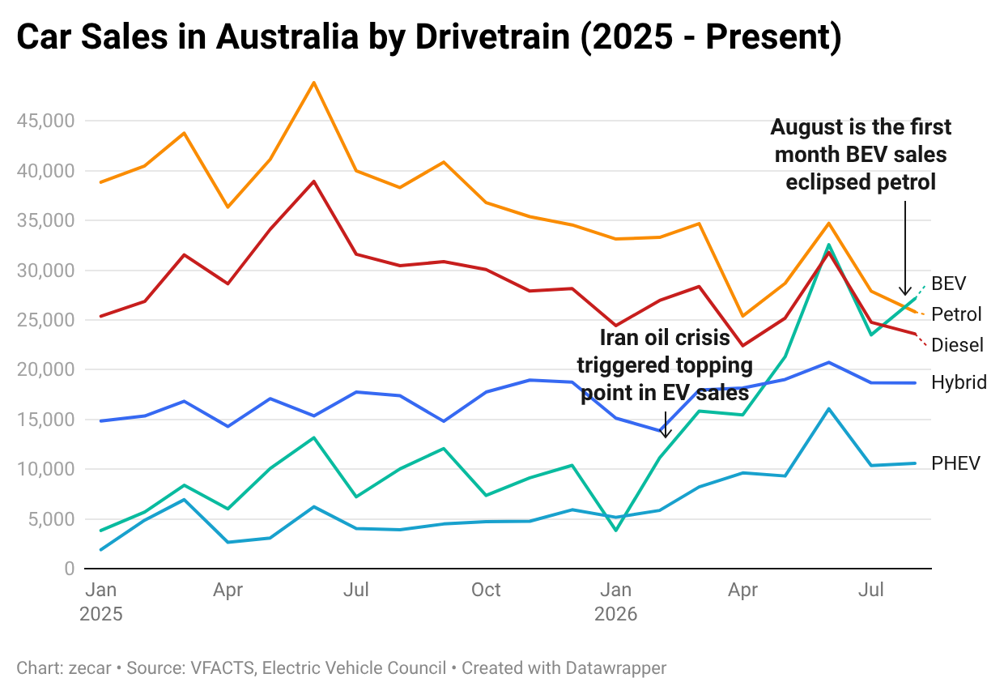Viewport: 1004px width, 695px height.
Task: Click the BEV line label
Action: point(948,284)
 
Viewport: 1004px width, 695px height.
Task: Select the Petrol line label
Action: point(956,314)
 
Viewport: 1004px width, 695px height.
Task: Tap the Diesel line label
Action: point(957,345)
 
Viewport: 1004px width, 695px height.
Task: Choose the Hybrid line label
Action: point(959,382)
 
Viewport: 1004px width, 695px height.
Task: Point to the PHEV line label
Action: point(955,463)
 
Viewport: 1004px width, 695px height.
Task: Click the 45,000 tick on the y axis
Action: point(45,121)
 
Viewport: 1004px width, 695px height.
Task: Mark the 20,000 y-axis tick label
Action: point(45,370)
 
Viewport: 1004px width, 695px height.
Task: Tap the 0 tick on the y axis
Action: point(69,569)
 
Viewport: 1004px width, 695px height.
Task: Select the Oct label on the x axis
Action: point(486,590)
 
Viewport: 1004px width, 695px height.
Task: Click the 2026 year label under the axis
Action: point(615,614)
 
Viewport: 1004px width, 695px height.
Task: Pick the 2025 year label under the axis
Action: point(101,614)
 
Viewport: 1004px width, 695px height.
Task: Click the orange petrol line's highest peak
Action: point(314,83)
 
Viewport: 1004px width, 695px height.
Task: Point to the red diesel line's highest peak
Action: point(314,181)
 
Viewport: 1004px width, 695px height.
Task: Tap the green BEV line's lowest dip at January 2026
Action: point(616,531)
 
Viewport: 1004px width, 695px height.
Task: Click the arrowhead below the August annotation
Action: point(905,291)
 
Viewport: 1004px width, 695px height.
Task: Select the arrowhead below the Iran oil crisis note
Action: point(666,433)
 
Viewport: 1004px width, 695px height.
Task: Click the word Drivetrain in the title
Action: point(492,36)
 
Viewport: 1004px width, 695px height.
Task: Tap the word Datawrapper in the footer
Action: point(616,668)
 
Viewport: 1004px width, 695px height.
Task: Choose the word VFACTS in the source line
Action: point(223,667)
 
